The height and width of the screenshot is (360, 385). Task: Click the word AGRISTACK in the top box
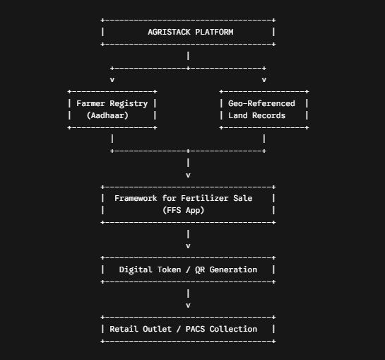[x=169, y=32]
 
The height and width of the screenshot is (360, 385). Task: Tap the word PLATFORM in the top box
[x=214, y=32]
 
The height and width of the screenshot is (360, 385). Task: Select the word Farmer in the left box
[x=90, y=103]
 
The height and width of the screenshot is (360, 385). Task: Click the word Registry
[x=129, y=104]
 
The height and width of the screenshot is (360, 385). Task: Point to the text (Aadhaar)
[x=107, y=115]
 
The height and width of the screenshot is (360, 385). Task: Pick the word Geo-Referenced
[x=261, y=103]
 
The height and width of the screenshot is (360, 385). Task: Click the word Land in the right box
[x=237, y=115]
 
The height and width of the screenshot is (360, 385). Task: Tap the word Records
[x=268, y=115]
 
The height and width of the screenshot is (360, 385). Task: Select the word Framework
[x=136, y=198]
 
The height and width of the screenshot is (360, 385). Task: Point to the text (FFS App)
[x=183, y=210]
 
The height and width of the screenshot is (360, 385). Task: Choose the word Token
[x=169, y=269]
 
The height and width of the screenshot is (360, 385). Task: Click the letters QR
[x=200, y=269]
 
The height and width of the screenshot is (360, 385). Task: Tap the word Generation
[x=233, y=269]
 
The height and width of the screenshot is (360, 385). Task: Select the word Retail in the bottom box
[x=124, y=329]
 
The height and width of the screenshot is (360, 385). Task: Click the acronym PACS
[x=195, y=329]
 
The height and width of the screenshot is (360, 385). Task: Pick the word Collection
[x=233, y=329]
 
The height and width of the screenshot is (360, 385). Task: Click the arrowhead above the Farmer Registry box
[x=112, y=80]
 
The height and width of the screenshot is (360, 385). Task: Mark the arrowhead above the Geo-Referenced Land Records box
[x=264, y=80]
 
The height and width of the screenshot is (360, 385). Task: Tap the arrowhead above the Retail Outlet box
[x=188, y=306]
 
